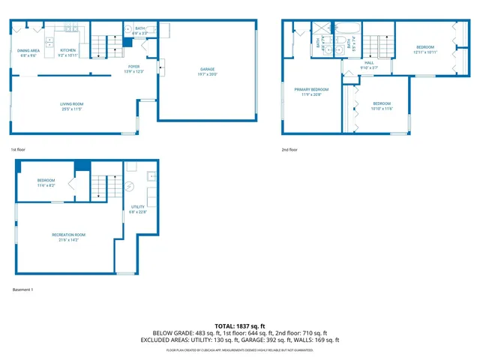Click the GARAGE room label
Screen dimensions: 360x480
(x=208, y=70)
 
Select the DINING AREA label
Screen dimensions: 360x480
(x=29, y=50)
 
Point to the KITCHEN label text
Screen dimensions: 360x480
(x=68, y=50)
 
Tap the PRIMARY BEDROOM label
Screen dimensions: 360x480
(x=315, y=88)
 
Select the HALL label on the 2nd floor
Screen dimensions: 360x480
(x=369, y=62)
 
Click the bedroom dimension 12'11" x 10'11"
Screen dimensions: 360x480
(x=425, y=52)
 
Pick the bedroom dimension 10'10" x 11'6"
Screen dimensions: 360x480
(x=382, y=108)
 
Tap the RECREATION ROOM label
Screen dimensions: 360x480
(x=68, y=235)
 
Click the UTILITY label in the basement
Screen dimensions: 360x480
(x=138, y=206)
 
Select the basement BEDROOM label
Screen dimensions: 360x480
(x=46, y=180)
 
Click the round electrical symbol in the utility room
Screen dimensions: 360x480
(x=128, y=187)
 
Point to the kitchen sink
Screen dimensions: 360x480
(x=49, y=40)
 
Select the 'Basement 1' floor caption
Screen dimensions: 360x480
(x=23, y=289)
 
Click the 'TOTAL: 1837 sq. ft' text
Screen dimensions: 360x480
(x=240, y=325)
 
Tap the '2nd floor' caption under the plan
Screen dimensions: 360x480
(x=289, y=149)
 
